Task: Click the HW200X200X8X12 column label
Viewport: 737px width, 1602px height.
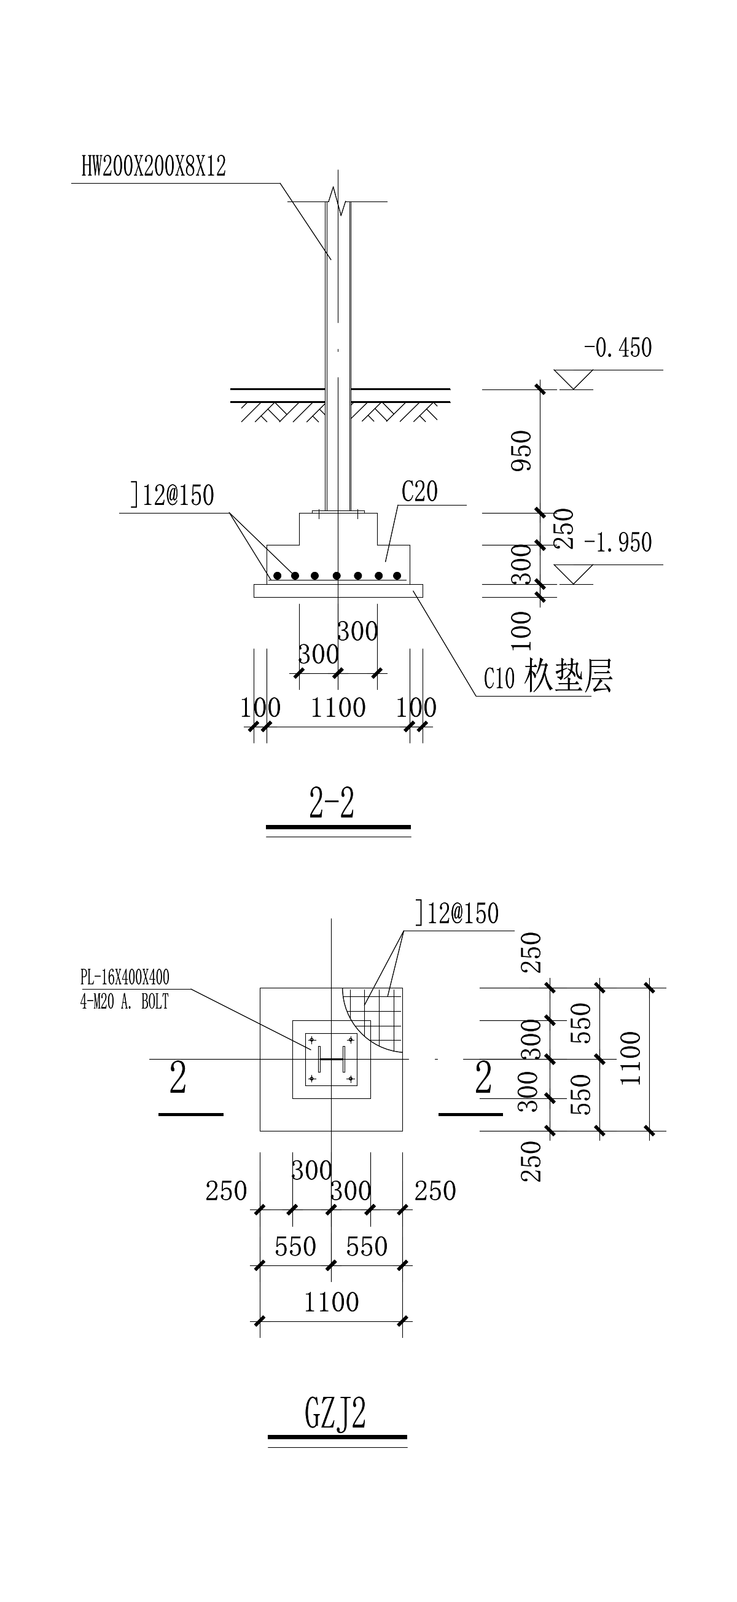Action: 153,166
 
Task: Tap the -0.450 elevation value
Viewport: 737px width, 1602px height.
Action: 618,348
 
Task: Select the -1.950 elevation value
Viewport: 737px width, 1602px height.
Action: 618,542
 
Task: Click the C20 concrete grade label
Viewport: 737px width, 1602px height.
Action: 419,492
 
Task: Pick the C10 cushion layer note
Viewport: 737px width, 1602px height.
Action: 547,677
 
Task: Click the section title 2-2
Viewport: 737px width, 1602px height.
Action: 332,803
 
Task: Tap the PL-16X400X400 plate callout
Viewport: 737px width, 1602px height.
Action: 125,977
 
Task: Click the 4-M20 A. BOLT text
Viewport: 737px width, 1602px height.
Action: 125,1002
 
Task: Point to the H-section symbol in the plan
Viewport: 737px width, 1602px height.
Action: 331,1058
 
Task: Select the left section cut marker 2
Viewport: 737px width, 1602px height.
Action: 178,1079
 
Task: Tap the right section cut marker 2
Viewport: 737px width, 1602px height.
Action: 483,1079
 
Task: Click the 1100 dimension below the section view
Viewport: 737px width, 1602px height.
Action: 338,708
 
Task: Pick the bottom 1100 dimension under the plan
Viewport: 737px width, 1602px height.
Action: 331,1302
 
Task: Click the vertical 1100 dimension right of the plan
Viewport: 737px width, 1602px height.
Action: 631,1058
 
